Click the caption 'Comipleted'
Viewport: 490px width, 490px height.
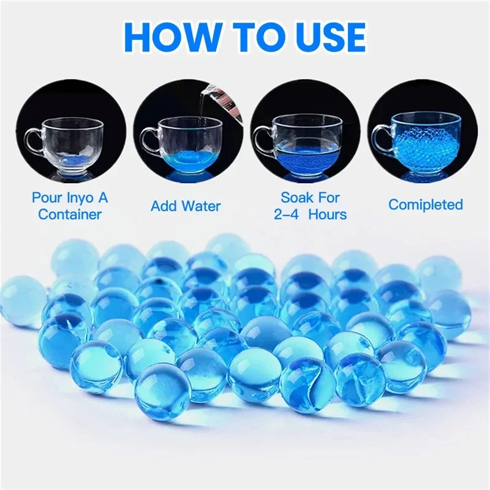[426, 205]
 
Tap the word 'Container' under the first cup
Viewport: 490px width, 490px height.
[69, 214]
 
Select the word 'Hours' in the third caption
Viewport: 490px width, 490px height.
[328, 214]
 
